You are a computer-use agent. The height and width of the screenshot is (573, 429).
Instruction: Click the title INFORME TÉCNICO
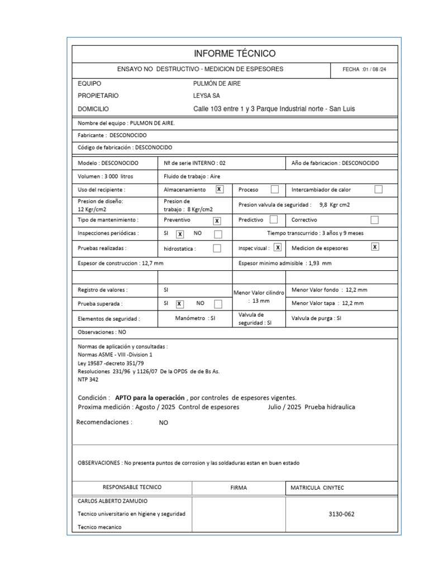point(235,54)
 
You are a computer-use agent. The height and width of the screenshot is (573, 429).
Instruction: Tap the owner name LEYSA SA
point(206,96)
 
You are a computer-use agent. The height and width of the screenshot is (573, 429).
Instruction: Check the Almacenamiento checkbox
point(220,190)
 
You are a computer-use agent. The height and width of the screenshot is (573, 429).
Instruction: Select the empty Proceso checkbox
point(275,190)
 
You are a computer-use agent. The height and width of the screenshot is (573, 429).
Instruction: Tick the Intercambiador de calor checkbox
point(378,190)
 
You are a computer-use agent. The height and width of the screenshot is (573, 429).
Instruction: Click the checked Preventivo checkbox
point(217,220)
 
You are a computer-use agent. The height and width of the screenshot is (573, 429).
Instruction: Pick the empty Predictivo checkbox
point(274,220)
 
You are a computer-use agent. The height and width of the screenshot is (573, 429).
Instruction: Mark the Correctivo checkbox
point(375,220)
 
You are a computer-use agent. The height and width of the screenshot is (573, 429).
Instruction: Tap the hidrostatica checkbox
point(217,248)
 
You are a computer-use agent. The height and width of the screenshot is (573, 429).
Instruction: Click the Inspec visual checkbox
point(278,247)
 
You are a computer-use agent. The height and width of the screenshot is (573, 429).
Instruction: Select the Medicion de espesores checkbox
point(375,247)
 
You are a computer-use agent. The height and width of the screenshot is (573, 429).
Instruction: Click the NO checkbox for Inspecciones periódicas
point(218,234)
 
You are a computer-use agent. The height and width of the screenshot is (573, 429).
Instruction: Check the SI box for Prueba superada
point(179,304)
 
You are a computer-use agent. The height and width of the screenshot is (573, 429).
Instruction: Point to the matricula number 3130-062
point(342,514)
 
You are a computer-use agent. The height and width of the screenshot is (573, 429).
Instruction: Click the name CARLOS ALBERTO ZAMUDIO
point(113,501)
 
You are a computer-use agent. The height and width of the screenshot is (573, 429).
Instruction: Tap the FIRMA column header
point(239,487)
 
